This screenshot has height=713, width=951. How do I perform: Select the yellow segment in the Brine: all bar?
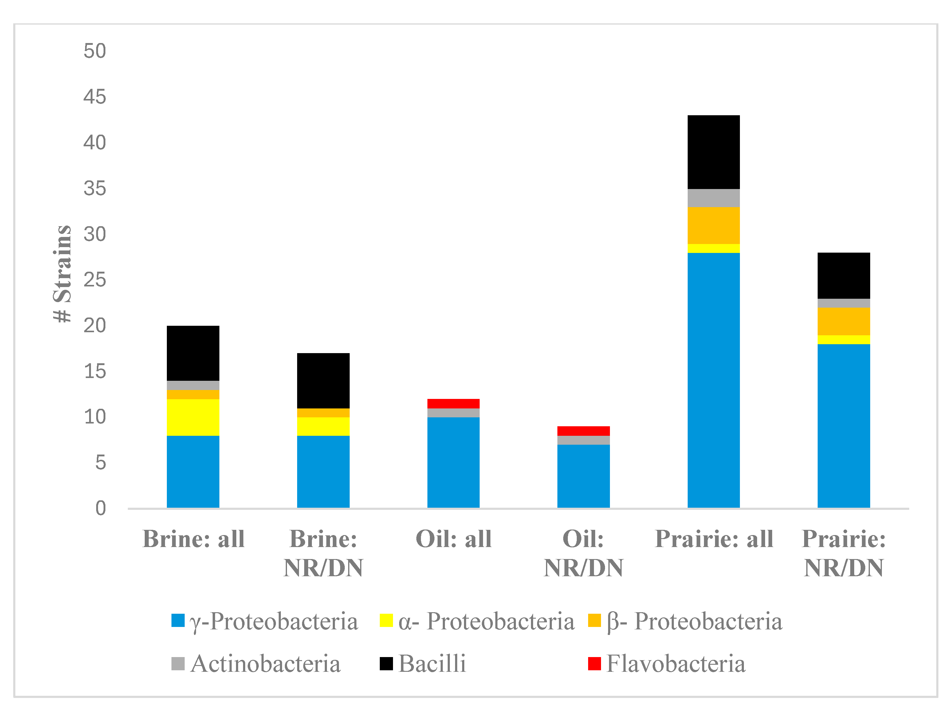point(193,417)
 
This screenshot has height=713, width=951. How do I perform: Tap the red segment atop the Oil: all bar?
point(453,404)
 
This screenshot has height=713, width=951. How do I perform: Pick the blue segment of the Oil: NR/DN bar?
point(584,476)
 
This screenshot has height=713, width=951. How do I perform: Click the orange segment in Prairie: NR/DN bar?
point(843,321)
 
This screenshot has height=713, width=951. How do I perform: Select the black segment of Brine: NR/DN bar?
point(323,380)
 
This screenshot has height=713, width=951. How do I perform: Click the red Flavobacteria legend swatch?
point(594,664)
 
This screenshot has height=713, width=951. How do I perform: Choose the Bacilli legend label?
point(432,664)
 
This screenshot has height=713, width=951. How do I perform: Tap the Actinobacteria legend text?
point(266,664)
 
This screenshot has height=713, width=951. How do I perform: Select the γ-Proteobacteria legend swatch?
point(178,620)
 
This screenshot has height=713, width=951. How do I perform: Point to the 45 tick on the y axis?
point(95,97)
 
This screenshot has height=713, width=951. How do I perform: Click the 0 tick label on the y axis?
point(100,508)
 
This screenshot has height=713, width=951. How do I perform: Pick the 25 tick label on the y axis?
point(95,280)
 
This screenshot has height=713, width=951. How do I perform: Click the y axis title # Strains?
point(62,274)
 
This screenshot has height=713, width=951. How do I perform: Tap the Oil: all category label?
point(454,539)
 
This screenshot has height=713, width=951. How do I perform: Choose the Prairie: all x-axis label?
point(714,539)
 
